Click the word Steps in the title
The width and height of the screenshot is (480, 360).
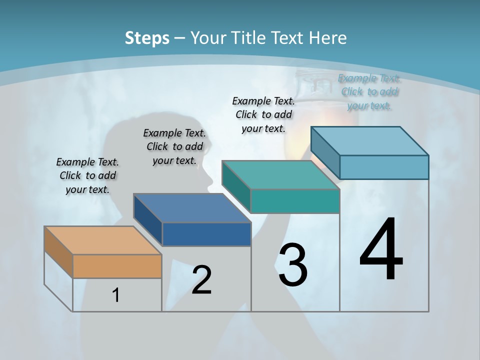click(147, 38)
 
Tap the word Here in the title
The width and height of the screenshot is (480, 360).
click(328, 38)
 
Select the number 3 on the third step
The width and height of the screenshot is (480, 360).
click(293, 265)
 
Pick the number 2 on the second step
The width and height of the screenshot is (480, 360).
click(202, 280)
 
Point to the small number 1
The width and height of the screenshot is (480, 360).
click(116, 295)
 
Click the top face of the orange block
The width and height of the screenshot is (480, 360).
click(103, 240)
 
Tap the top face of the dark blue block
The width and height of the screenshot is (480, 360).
click(192, 208)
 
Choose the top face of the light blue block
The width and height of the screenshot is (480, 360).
click(370, 141)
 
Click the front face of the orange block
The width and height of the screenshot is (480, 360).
click(117, 266)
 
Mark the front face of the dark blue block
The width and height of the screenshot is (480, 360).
click(206, 234)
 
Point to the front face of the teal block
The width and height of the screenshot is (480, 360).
click(295, 201)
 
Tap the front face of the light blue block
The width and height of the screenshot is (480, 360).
click(384, 167)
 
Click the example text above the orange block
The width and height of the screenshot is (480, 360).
click(87, 175)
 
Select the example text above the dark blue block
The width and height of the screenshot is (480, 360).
click(174, 146)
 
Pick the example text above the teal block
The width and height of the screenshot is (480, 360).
click(263, 114)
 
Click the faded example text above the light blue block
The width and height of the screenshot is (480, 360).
click(369, 92)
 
